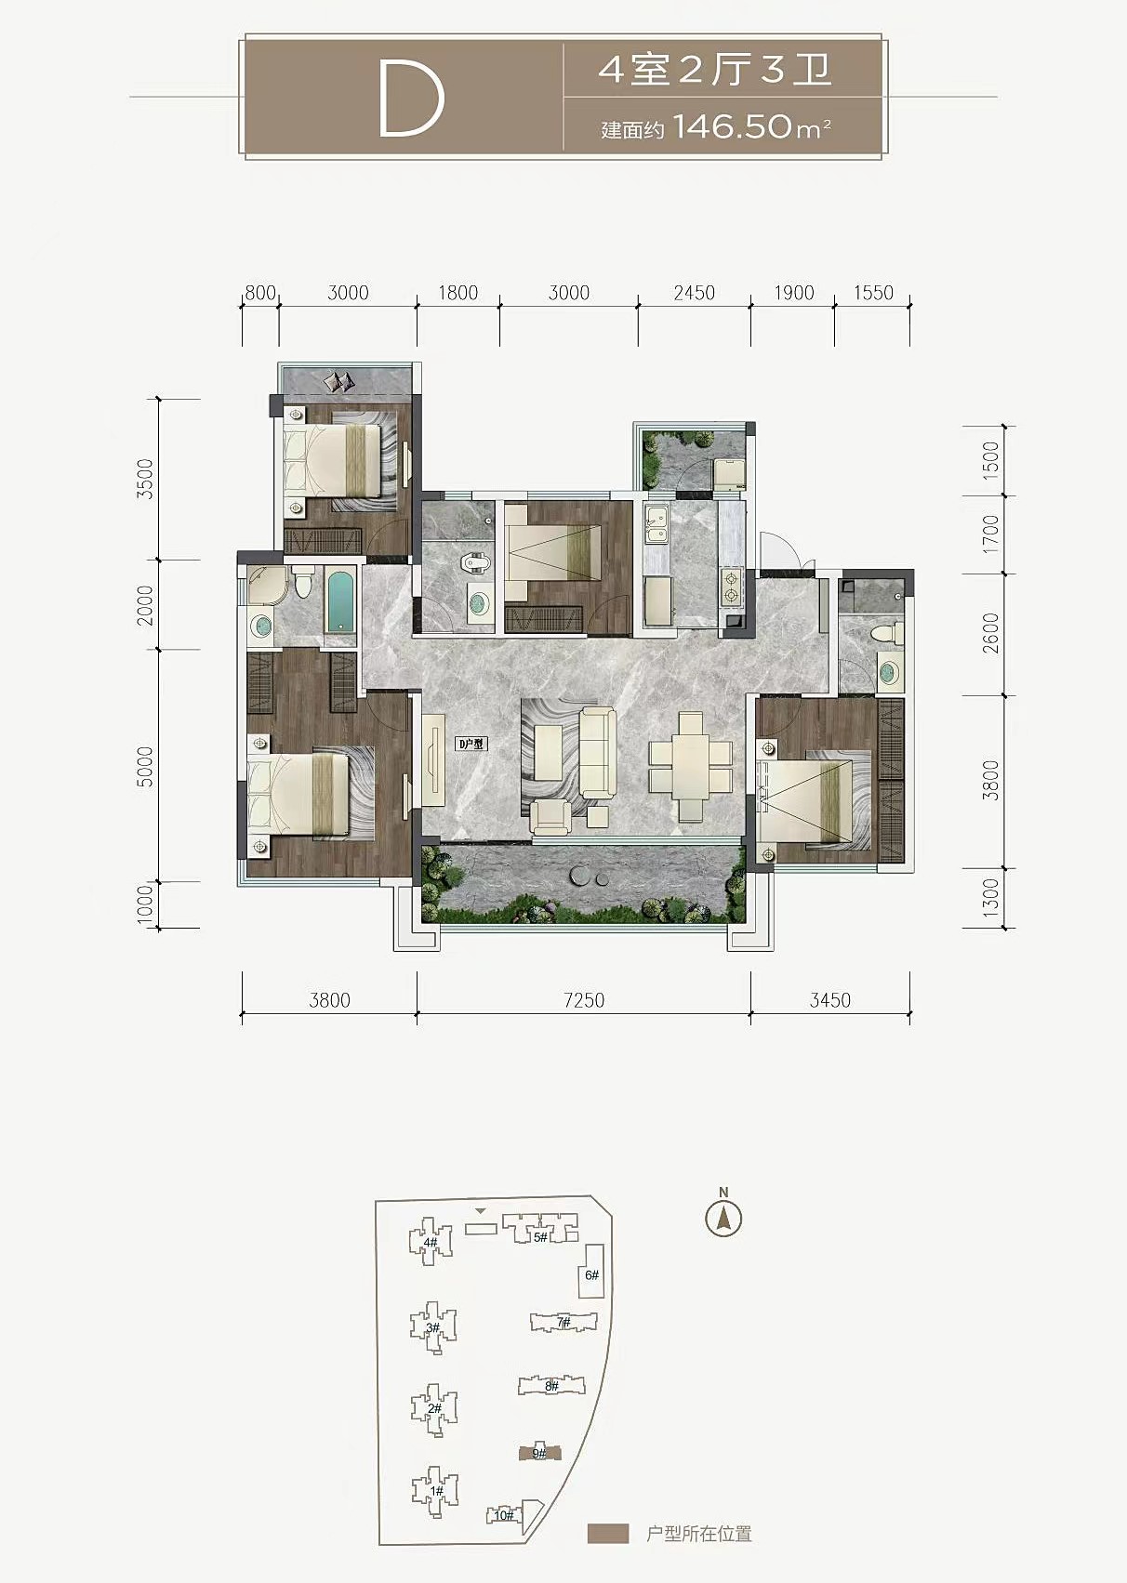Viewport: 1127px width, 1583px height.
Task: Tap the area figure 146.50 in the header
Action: pyautogui.click(x=732, y=127)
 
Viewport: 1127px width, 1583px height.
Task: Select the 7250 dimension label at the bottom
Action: pyautogui.click(x=584, y=1000)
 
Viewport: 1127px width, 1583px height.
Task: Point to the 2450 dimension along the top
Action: pyautogui.click(x=694, y=293)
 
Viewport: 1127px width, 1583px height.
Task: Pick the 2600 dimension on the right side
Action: pyautogui.click(x=991, y=633)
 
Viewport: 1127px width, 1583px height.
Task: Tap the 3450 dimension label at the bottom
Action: pyautogui.click(x=830, y=1000)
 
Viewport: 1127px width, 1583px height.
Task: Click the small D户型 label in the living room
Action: pyautogui.click(x=471, y=744)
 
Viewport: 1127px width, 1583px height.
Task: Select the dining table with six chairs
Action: pyautogui.click(x=690, y=766)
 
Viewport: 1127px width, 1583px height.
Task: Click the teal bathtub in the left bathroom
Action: pyautogui.click(x=340, y=602)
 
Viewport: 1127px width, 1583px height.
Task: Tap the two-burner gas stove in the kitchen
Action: pyautogui.click(x=731, y=588)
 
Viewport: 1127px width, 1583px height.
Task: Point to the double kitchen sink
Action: pyautogui.click(x=656, y=527)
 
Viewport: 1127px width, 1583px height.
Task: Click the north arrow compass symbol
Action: pyautogui.click(x=723, y=1218)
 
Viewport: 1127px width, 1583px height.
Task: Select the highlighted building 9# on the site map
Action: pyautogui.click(x=538, y=1452)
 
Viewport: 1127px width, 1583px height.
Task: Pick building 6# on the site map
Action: pyautogui.click(x=591, y=1275)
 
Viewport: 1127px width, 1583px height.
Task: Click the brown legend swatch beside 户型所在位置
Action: pyautogui.click(x=608, y=1533)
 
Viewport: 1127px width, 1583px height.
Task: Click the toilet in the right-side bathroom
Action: pyautogui.click(x=890, y=632)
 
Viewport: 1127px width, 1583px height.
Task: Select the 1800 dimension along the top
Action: pyautogui.click(x=458, y=293)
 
